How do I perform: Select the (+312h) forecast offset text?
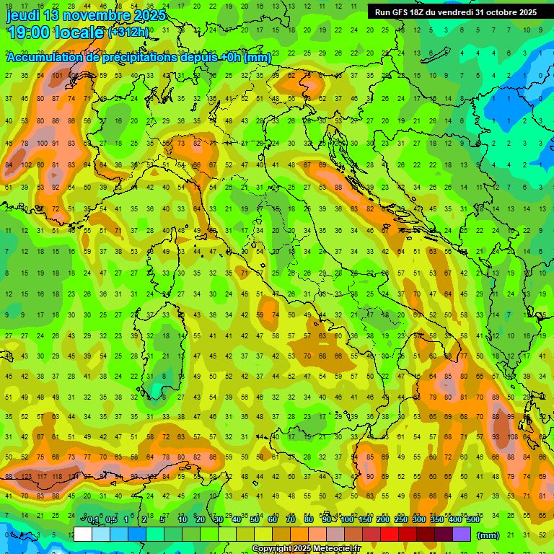pos(128,32)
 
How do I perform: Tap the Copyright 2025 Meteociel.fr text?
pos(306,549)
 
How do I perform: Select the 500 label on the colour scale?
pos(473,519)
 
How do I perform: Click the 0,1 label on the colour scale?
pos(93,519)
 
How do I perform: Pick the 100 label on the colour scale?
pos(348,519)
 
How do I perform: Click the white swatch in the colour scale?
pos(83,535)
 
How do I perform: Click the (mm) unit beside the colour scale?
pos(488,535)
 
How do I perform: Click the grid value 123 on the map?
pos(27,477)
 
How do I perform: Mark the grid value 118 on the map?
pos(59,477)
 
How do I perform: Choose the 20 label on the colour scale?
pos(201,519)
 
